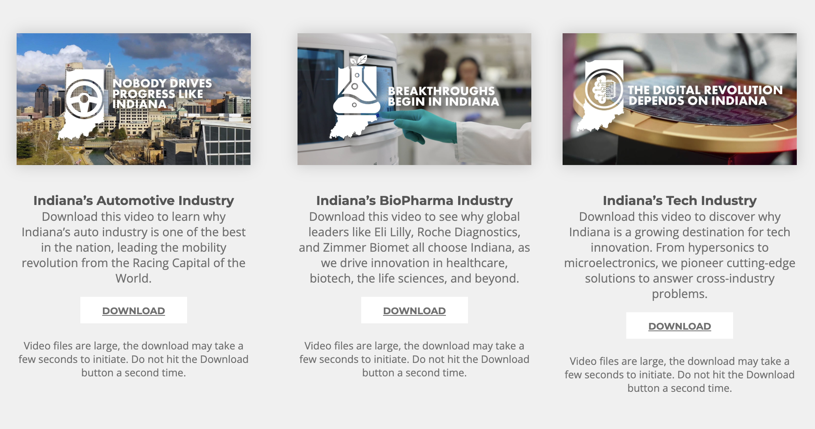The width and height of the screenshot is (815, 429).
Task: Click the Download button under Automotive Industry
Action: click(x=134, y=310)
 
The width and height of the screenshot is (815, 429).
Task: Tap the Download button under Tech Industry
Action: click(x=679, y=326)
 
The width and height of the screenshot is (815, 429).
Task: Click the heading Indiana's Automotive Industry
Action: click(x=134, y=201)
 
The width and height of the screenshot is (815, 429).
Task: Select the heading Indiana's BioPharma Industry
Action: click(x=414, y=201)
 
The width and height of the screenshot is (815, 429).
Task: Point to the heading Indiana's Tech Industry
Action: click(x=680, y=201)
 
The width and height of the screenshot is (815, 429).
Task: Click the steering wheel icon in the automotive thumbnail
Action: click(x=84, y=99)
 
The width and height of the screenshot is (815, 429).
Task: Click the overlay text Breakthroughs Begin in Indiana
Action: click(x=444, y=96)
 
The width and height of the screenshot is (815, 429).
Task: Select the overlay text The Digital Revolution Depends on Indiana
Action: click(x=705, y=95)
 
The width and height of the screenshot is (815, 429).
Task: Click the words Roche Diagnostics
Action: click(x=469, y=232)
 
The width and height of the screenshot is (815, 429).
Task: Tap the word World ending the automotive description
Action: click(x=133, y=278)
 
